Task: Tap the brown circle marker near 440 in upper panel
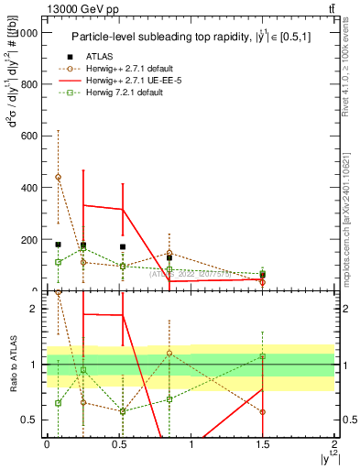click(x=59, y=177)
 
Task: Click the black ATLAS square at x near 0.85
click(x=169, y=258)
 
